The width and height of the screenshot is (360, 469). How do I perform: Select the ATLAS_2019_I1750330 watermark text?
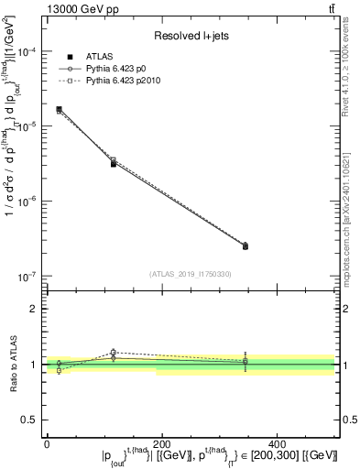[x=190, y=274]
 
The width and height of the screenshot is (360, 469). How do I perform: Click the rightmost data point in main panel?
[x=245, y=246]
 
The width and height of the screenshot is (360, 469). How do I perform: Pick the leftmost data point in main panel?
[x=60, y=109]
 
